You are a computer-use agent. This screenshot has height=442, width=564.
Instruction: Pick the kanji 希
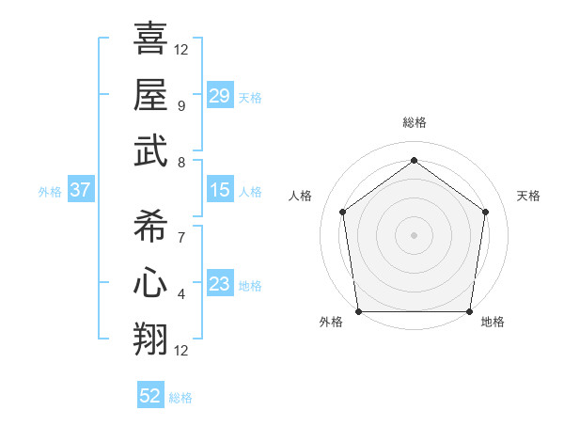151,225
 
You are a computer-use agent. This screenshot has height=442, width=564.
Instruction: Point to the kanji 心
151,282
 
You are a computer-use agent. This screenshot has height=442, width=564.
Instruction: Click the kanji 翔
151,339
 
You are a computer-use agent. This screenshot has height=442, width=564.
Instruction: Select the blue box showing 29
219,95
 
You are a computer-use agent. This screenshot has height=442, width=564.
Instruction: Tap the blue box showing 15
219,191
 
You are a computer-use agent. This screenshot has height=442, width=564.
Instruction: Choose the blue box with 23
219,285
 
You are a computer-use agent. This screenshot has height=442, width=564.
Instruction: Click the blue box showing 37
80,191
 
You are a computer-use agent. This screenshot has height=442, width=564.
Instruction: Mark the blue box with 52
150,397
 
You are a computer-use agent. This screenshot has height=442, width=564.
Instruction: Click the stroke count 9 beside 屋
181,105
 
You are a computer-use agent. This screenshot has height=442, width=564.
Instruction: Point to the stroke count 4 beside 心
181,294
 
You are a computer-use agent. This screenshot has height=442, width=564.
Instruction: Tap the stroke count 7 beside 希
181,237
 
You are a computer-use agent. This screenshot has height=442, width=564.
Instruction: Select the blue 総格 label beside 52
180,398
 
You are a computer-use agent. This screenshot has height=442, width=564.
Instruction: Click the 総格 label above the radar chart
414,123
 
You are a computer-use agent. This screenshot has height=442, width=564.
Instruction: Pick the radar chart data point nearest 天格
485,212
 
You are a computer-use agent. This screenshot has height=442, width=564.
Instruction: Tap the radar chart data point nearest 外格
358,310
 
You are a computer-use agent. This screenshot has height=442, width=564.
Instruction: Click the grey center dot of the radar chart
414,234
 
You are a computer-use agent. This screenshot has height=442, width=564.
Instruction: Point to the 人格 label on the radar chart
301,196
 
